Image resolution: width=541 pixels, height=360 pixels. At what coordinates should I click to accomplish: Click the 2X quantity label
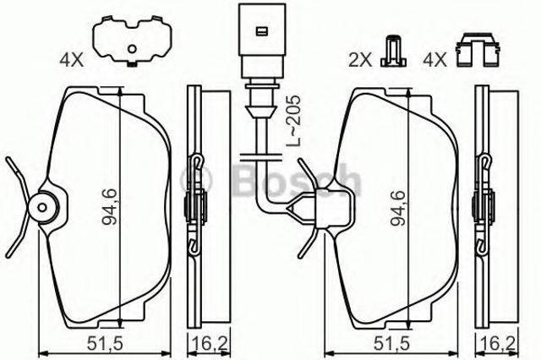click(358, 59)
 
